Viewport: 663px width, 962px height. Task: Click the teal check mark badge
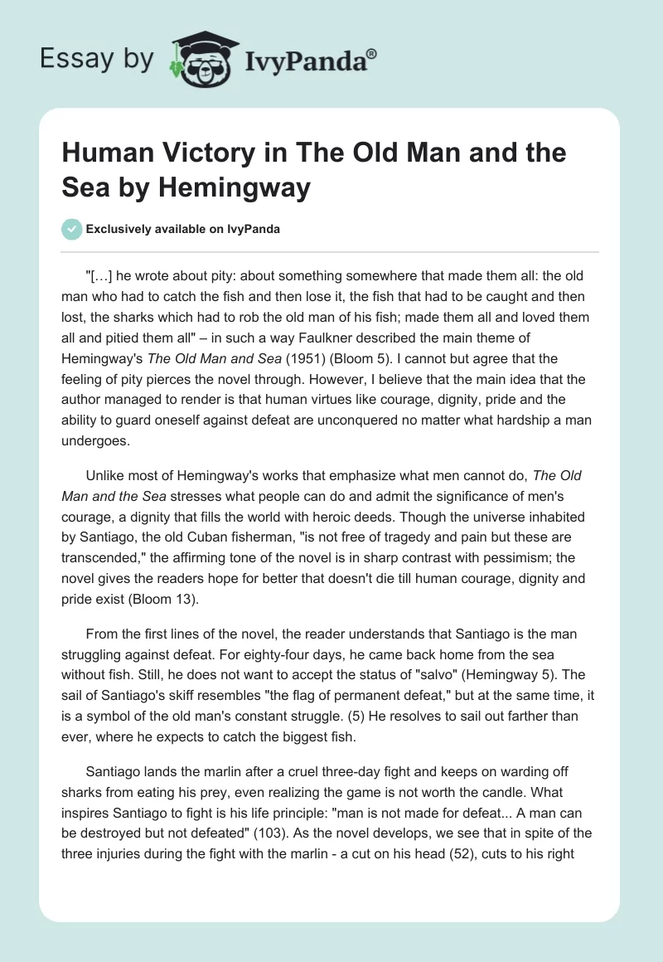(71, 229)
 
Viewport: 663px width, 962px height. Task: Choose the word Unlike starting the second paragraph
(105, 476)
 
